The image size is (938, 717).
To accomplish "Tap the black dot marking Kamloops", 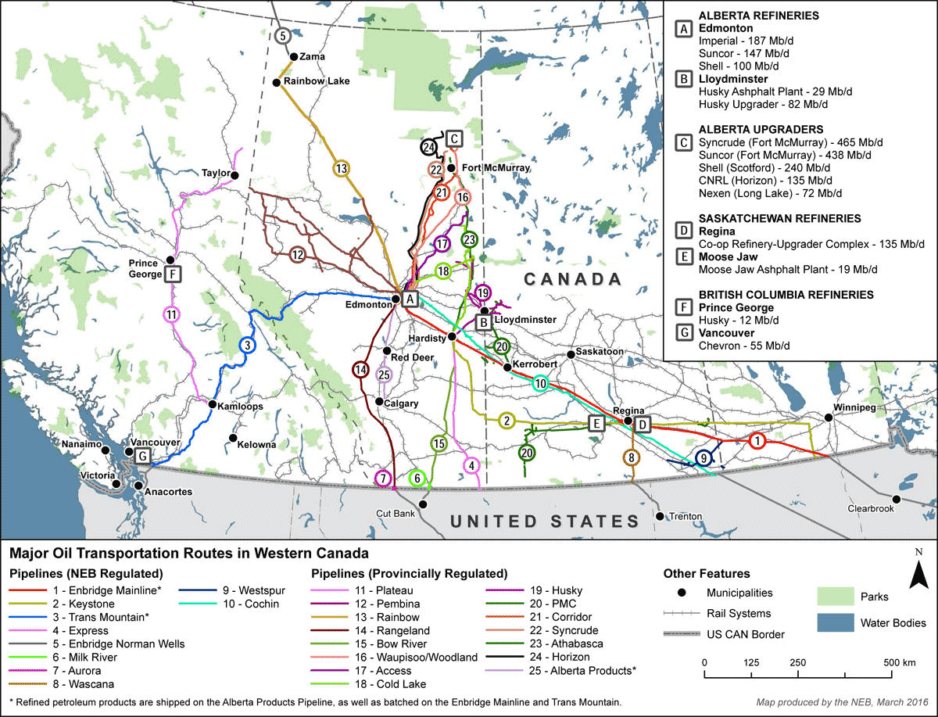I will (x=212, y=404).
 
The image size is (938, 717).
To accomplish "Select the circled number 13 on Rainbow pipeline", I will (x=341, y=168).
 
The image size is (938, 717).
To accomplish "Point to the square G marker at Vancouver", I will (x=142, y=457).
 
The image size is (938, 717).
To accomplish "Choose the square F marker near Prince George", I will (x=174, y=274).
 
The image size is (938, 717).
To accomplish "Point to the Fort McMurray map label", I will (x=496, y=168).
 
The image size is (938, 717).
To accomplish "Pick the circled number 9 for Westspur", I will (x=703, y=458).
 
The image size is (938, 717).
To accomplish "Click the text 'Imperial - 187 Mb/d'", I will (x=744, y=41).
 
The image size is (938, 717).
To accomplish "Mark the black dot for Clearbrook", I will (x=897, y=499).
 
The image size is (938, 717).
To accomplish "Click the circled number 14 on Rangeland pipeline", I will (x=360, y=370).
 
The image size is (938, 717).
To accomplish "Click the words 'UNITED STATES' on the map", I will (x=544, y=522).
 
